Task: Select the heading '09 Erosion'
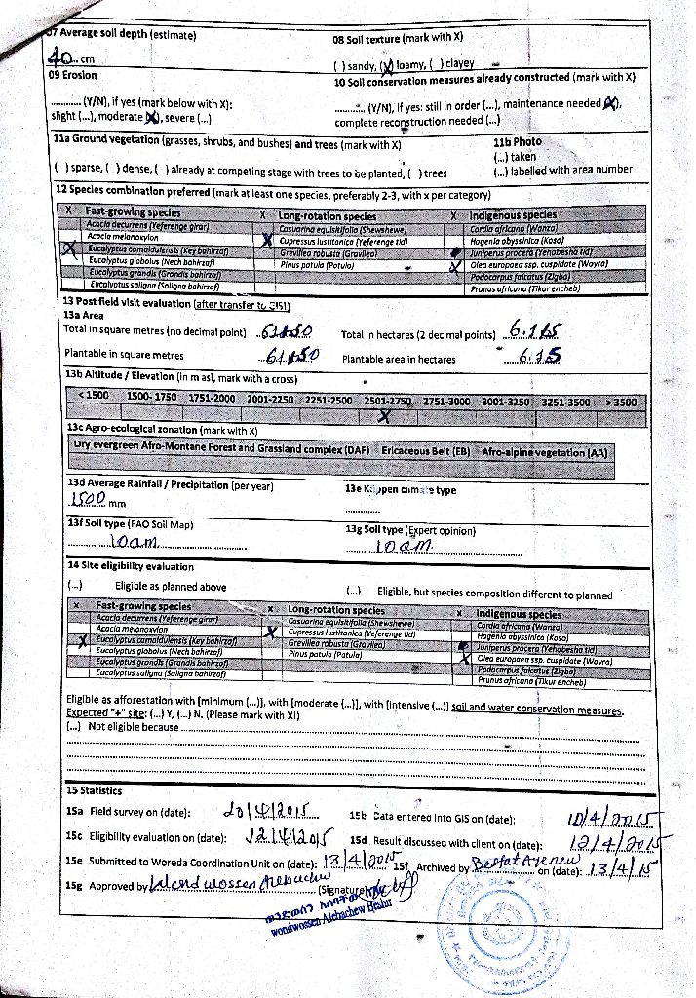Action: coord(73,74)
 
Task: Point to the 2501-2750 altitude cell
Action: coord(388,400)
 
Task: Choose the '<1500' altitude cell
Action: coord(96,399)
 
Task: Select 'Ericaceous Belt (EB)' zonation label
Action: coord(426,452)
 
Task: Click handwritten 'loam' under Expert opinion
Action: coord(401,549)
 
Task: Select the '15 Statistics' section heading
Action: coord(95,789)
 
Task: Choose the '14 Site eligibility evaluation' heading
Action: coord(130,566)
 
